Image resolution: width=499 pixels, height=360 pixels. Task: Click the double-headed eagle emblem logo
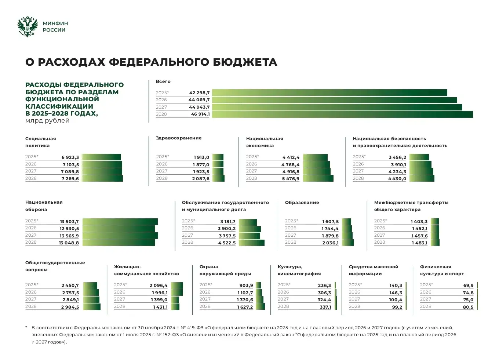pyautogui.click(x=28, y=26)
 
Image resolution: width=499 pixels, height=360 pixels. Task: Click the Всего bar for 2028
pyautogui.click(x=342, y=114)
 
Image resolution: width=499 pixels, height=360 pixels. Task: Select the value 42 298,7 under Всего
pyautogui.click(x=199, y=93)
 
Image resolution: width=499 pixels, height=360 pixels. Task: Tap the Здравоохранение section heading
pyautogui.click(x=179, y=138)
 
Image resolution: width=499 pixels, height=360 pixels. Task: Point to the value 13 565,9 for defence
pyautogui.click(x=69, y=236)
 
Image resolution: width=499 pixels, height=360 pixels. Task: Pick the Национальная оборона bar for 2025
pyautogui.click(x=120, y=222)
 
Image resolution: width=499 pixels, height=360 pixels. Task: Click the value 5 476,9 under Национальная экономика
pyautogui.click(x=291, y=179)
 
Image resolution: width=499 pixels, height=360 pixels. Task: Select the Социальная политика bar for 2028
pyautogui.click(x=102, y=179)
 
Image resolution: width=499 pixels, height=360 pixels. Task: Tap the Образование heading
pyautogui.click(x=302, y=203)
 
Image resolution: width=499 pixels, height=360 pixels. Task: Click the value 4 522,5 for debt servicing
pyautogui.click(x=227, y=243)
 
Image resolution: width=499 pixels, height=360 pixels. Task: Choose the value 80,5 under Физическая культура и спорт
pyautogui.click(x=468, y=307)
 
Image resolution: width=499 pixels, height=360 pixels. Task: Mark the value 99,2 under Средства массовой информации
pyautogui.click(x=397, y=307)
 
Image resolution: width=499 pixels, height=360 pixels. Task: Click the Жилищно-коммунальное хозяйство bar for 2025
pyautogui.click(x=177, y=286)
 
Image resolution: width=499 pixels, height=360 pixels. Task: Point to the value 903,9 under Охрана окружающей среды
pyautogui.click(x=246, y=286)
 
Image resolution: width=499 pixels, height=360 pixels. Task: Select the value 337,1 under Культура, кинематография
pyautogui.click(x=325, y=307)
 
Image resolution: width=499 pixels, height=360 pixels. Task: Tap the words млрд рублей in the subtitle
pyautogui.click(x=47, y=121)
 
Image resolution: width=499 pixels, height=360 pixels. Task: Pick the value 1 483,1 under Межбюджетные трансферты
pyautogui.click(x=419, y=243)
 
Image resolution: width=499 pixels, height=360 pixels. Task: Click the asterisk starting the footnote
pyautogui.click(x=26, y=327)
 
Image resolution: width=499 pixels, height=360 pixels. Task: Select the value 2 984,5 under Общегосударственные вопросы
pyautogui.click(x=70, y=307)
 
